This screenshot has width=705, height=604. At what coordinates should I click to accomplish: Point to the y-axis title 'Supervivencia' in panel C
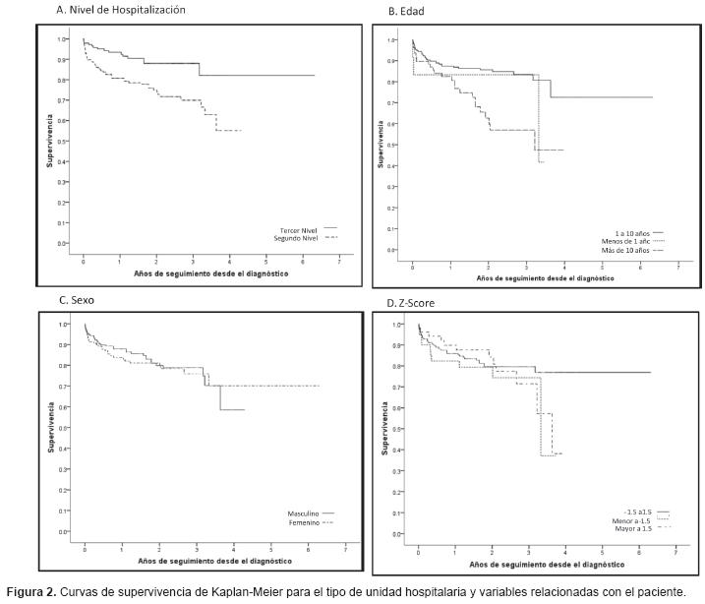click(x=50, y=428)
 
